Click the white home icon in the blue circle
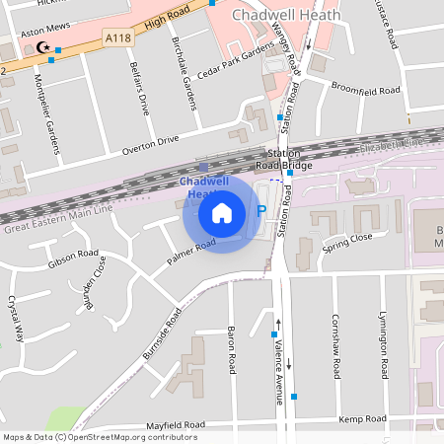click(x=222, y=212)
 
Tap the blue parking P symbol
click(x=261, y=210)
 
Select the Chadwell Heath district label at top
click(x=286, y=16)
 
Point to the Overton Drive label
click(x=150, y=145)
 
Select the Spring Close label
click(x=346, y=238)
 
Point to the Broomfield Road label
click(x=365, y=90)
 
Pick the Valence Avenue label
click(x=279, y=352)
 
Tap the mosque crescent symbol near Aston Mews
click(x=41, y=46)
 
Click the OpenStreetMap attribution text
click(x=99, y=437)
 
